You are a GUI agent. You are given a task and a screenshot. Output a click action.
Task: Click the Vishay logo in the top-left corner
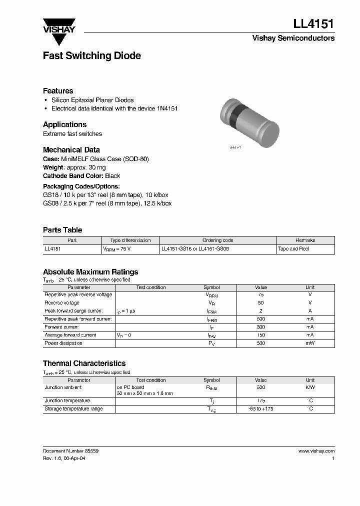58,25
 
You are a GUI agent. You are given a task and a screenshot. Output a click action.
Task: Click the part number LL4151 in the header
313,24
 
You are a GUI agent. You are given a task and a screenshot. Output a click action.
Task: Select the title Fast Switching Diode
91,55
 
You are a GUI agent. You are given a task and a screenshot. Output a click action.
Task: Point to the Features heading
58,91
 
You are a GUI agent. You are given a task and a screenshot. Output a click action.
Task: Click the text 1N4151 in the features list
167,108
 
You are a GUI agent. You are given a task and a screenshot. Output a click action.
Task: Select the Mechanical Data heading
71,149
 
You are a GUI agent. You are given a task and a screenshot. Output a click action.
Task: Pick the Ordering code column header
217,240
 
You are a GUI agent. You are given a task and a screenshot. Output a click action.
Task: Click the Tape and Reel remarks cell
293,248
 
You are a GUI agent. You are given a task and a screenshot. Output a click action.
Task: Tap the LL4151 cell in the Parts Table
52,248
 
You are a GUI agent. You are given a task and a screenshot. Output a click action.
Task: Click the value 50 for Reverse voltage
260,303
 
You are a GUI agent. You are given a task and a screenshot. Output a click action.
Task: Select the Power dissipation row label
63,343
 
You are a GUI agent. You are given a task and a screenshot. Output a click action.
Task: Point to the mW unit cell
310,343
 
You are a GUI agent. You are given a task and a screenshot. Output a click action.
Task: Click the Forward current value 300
260,327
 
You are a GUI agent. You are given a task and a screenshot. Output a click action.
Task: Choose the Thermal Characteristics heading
84,363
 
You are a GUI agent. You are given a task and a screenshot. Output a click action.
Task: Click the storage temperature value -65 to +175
260,409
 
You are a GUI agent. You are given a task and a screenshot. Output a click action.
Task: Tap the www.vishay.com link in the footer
316,451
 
